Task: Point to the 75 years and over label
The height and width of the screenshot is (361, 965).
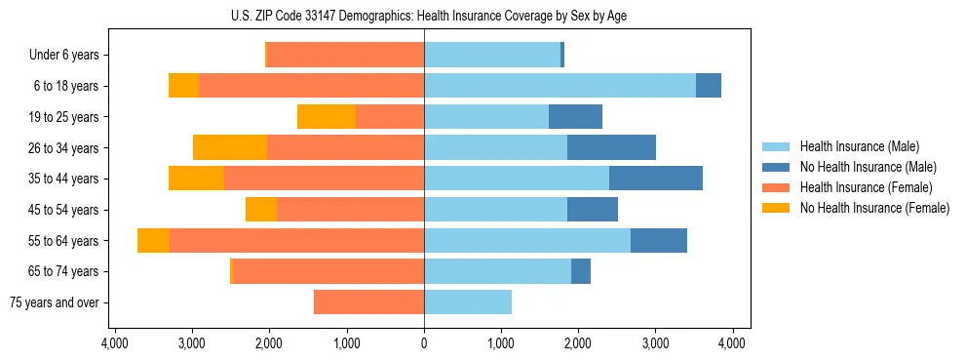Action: coord(55,302)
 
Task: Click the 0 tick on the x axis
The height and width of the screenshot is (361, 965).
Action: coord(424,343)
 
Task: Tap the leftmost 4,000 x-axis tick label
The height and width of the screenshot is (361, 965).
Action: coord(115,343)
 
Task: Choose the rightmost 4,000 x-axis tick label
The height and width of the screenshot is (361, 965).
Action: coord(732,343)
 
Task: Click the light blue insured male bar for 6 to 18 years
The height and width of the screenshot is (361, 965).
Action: coord(560,86)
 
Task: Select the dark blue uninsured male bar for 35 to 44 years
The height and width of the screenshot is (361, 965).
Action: coord(655,179)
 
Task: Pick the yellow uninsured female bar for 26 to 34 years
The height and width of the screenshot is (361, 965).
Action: coord(230,147)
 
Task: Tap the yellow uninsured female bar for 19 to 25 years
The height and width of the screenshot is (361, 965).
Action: coord(327,117)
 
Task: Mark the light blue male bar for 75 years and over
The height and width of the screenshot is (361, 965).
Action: coord(468,302)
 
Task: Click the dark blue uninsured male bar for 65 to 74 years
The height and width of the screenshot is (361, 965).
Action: coord(581,271)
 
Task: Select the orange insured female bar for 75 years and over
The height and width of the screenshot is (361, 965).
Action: coord(368,302)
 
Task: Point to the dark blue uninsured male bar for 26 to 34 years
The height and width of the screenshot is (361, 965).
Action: coord(611,147)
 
